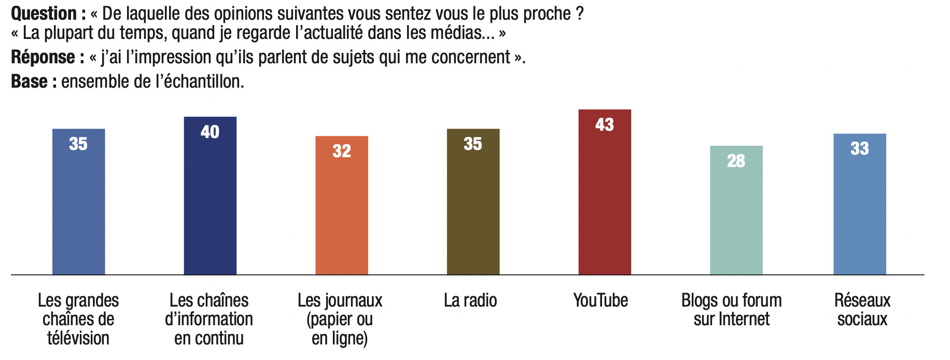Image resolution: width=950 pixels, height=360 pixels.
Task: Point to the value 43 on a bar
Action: (605, 124)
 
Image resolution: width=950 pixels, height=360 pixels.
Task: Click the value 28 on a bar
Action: (736, 161)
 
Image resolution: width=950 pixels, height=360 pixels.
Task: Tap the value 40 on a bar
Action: (210, 132)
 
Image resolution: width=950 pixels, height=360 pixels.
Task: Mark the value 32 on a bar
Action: (342, 151)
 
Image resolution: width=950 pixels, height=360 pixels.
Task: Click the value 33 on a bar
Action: (859, 149)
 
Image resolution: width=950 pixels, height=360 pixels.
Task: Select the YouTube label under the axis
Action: (600, 300)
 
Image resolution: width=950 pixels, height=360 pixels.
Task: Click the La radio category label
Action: (470, 300)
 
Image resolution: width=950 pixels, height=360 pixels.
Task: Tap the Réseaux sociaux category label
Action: (862, 310)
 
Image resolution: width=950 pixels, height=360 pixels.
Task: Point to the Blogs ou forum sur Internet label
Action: (731, 310)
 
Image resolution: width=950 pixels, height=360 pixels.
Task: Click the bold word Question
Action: (44, 13)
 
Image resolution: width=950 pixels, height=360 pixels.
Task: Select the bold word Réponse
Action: (43, 57)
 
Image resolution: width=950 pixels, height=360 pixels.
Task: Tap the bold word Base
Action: (30, 81)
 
